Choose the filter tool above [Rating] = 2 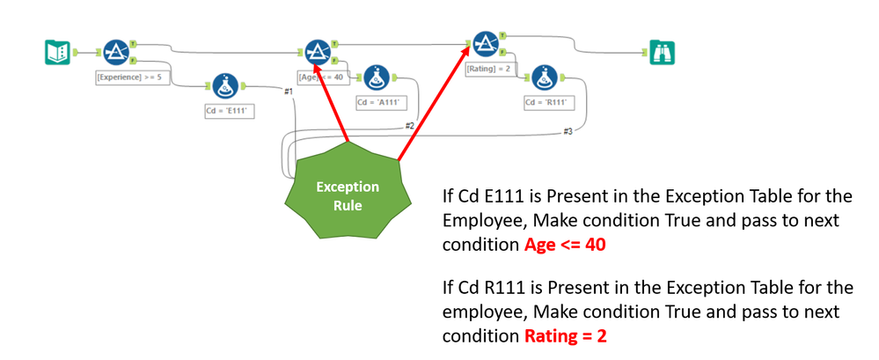tap(483, 44)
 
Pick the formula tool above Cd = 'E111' tap(223, 85)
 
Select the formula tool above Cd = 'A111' tap(377, 77)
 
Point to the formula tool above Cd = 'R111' tap(546, 77)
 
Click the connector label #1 tap(288, 92)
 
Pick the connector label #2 tap(409, 125)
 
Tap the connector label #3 tap(568, 131)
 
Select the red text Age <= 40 tap(565, 246)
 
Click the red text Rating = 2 tap(566, 335)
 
